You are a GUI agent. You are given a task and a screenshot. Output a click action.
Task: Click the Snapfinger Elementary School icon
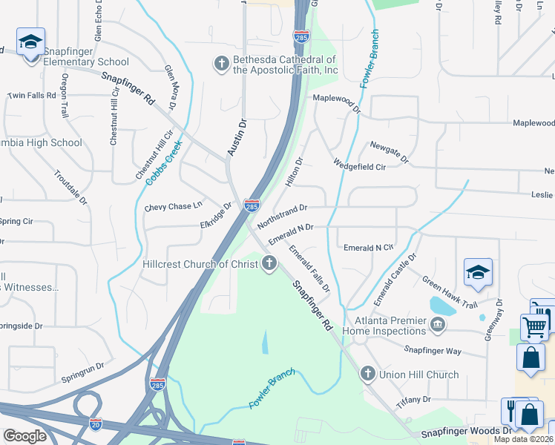pos(30,42)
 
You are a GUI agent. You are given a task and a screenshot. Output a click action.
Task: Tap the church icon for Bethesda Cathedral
pos(220,64)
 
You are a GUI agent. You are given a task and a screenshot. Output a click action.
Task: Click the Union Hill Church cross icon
pos(367,374)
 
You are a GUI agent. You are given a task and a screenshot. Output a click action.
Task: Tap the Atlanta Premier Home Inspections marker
pos(438,323)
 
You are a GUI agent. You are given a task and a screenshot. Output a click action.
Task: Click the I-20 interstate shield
pos(95,424)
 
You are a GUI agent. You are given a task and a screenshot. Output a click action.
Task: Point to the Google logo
pos(24,436)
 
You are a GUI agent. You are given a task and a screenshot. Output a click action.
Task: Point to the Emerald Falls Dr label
pos(309,268)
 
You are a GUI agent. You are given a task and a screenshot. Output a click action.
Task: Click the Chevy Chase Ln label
pos(173,207)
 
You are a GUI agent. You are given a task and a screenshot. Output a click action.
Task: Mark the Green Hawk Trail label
pos(450,292)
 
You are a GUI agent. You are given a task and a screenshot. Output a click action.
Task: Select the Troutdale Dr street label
pos(70,188)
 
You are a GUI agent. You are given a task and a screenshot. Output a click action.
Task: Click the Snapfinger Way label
pos(433,349)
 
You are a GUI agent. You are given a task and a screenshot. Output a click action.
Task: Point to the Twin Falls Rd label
pos(32,96)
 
